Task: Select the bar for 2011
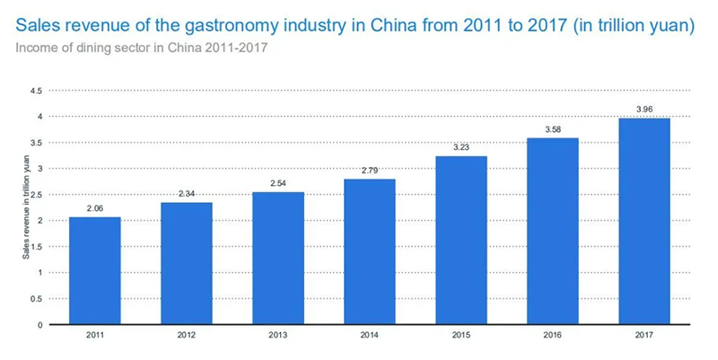coord(95,271)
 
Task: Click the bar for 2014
coord(370,251)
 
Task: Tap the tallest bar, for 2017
coord(644,221)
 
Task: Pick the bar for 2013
coord(278,259)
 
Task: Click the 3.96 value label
coord(644,110)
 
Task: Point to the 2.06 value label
coord(95,208)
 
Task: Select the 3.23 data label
coord(461,147)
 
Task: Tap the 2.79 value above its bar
coord(370,171)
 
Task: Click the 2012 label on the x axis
coord(187,335)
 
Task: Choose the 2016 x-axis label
coord(553,335)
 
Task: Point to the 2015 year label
coord(461,335)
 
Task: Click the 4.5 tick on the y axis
coord(36,91)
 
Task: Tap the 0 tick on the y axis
coord(39,325)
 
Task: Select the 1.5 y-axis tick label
coord(36,247)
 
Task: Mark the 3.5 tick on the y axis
coord(36,143)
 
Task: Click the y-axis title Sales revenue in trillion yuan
coord(26,207)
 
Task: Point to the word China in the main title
coord(393,25)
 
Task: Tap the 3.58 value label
coord(553,129)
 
